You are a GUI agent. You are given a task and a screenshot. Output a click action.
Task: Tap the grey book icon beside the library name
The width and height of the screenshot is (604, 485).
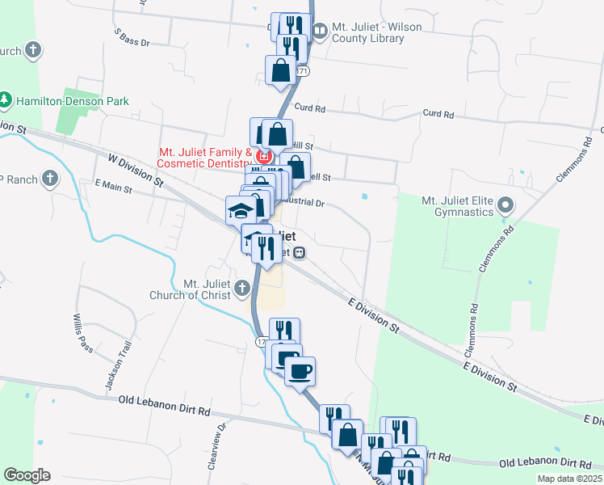click(x=320, y=32)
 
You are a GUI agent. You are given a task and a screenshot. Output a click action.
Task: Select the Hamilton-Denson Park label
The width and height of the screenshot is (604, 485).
click(x=72, y=101)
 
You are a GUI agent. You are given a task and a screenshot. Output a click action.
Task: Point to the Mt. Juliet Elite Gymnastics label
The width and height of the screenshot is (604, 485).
click(x=457, y=205)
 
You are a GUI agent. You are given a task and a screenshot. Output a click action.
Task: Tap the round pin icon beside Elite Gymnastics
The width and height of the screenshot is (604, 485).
click(x=506, y=205)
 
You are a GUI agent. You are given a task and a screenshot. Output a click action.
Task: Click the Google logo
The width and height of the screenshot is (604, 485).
click(x=27, y=475)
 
